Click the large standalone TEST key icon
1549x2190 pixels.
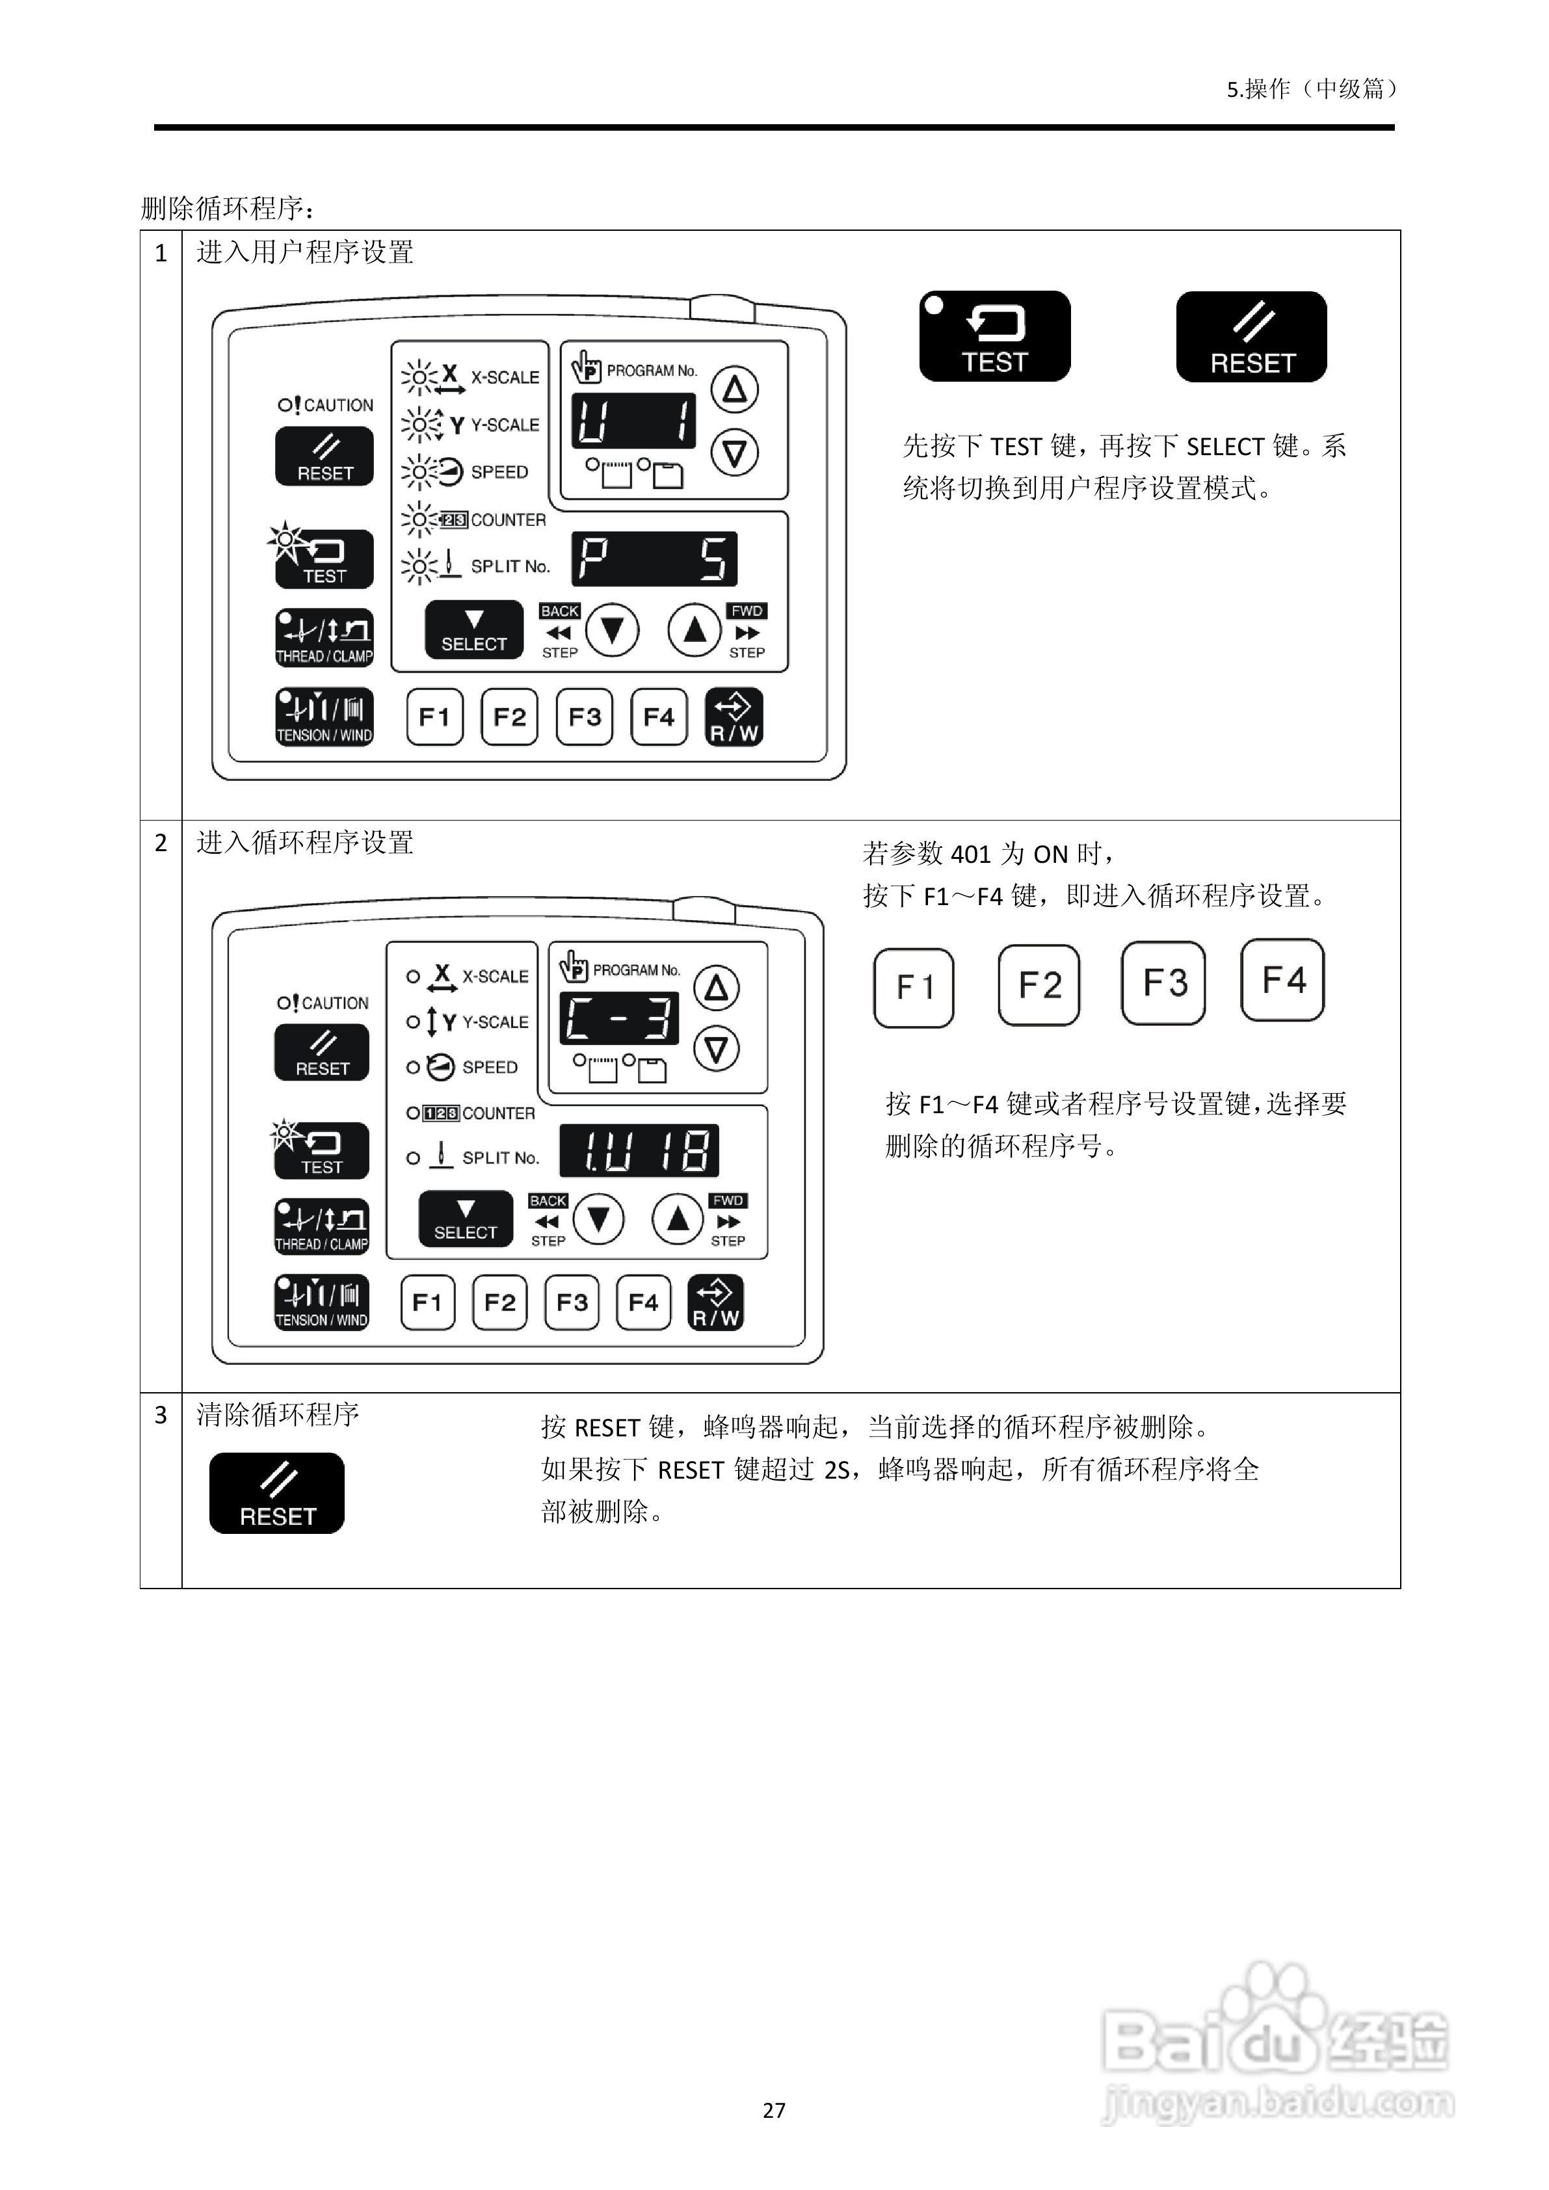(x=994, y=337)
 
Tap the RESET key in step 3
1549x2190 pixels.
(x=276, y=1493)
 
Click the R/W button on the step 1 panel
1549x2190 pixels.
(x=734, y=717)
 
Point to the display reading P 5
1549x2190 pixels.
(x=654, y=559)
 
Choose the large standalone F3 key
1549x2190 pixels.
(x=1163, y=983)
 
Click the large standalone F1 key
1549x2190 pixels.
(x=913, y=987)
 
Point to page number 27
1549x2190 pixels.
(x=774, y=2110)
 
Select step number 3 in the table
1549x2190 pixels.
(x=160, y=1414)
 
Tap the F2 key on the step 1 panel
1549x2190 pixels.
(x=509, y=717)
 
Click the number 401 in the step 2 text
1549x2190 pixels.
(x=971, y=854)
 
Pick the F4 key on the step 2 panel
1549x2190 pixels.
(x=643, y=1302)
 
